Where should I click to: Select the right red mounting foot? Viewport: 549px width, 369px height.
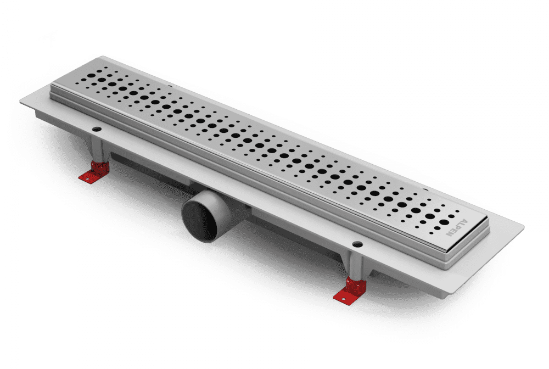(350, 290)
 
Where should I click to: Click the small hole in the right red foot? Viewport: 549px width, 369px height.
(343, 299)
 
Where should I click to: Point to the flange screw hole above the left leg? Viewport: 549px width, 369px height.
(96, 130)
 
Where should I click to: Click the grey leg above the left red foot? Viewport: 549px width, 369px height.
(97, 150)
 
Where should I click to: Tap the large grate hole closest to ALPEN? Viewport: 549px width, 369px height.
(444, 222)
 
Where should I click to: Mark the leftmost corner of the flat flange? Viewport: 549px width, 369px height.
(20, 102)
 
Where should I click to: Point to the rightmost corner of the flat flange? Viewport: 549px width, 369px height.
(524, 227)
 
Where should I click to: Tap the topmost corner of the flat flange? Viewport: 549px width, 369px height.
(102, 56)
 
